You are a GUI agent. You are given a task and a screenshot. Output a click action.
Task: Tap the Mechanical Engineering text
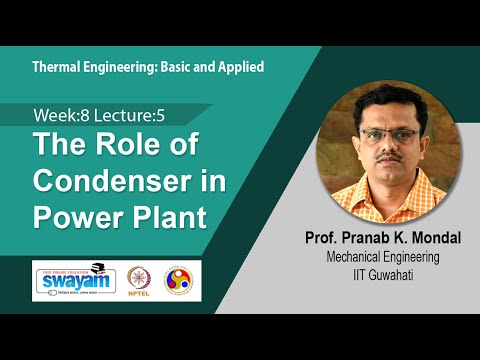(x=376, y=257)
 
